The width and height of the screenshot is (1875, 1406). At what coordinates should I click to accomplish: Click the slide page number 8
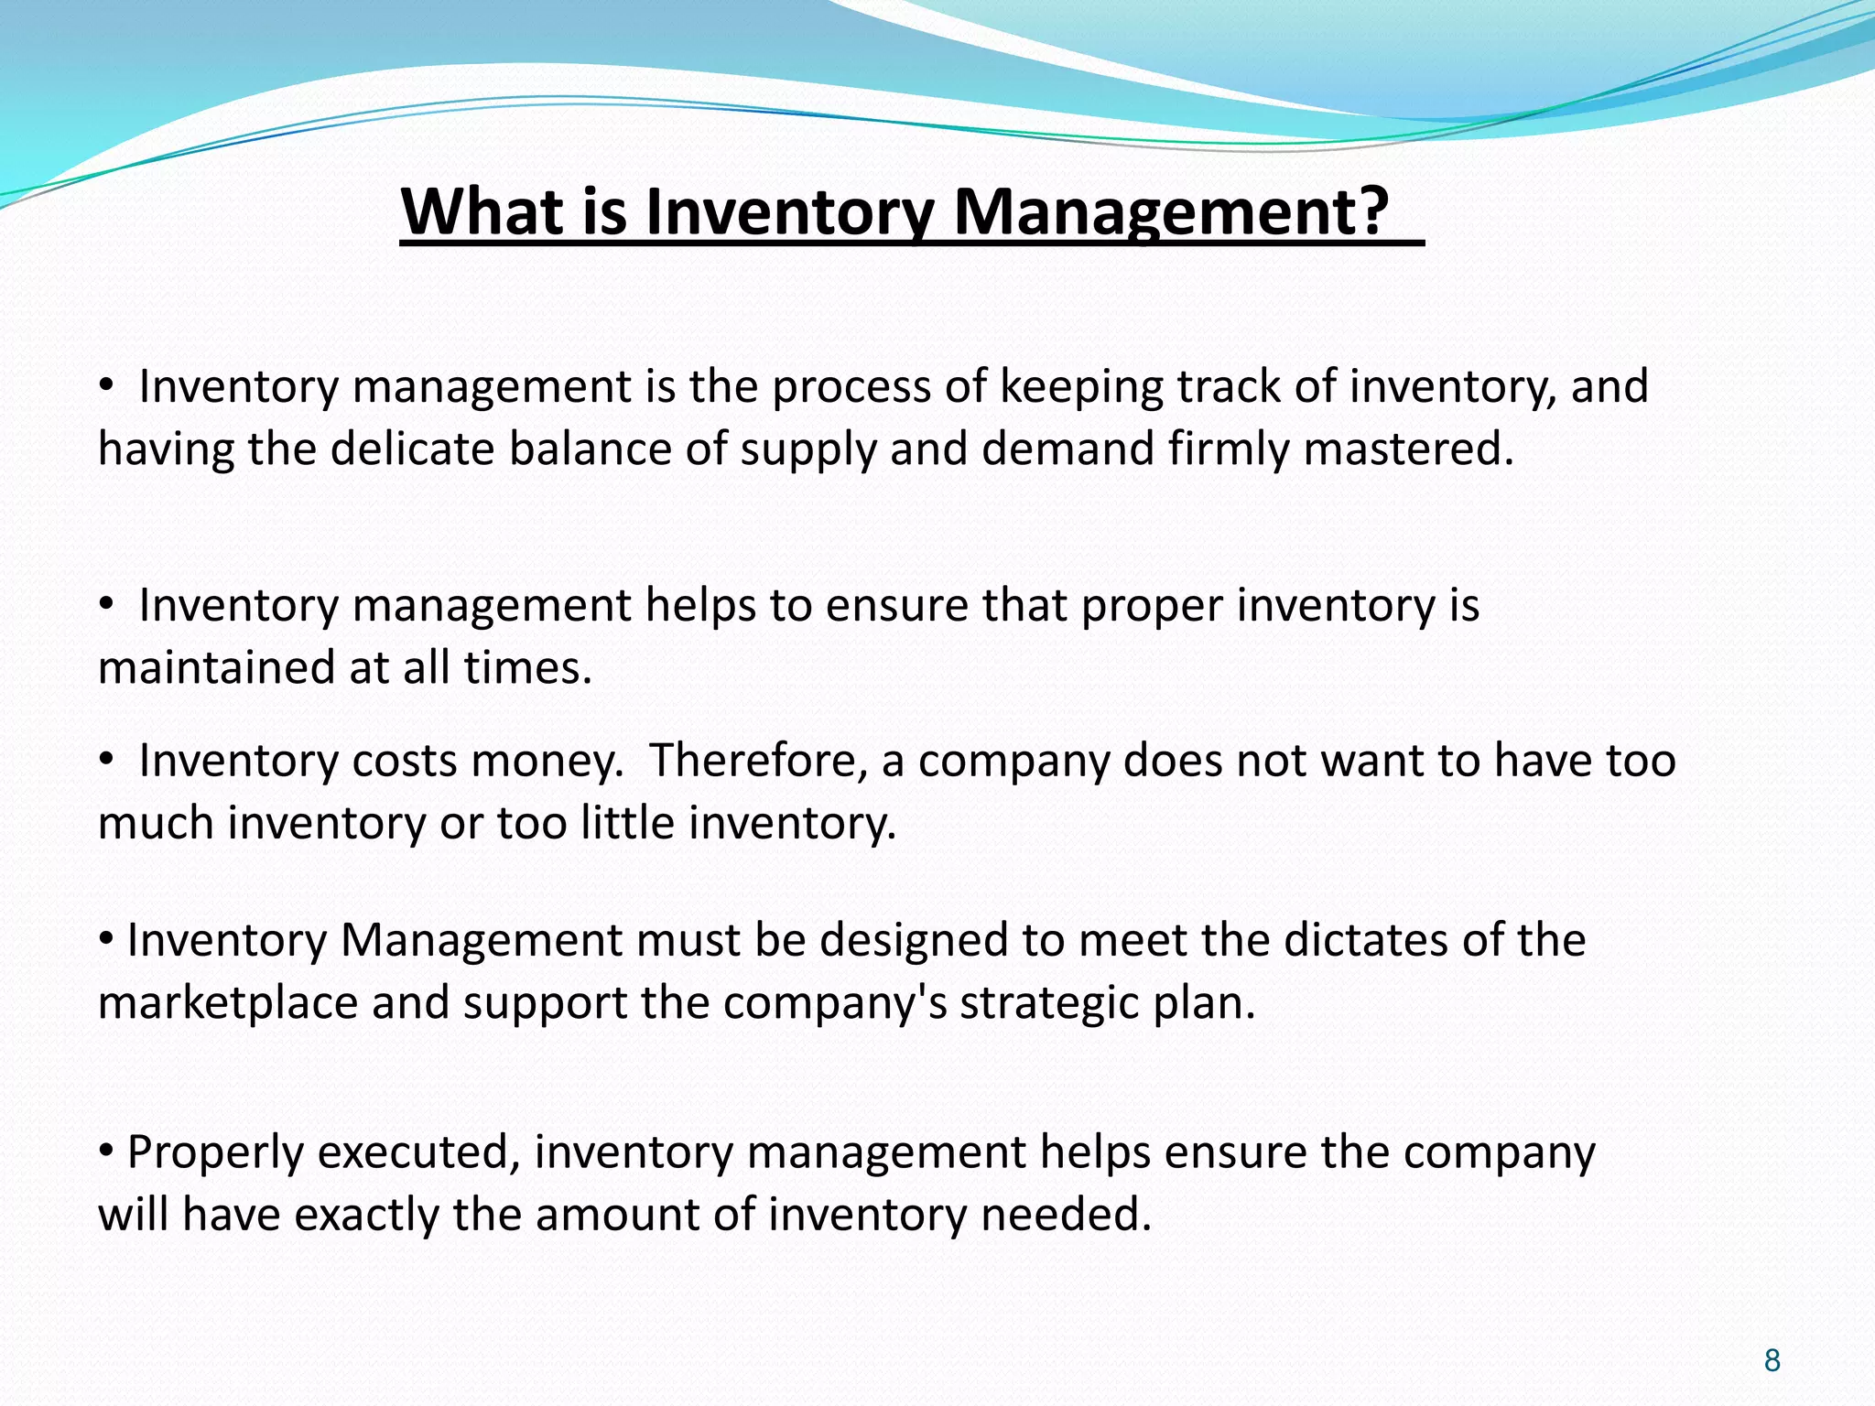pos(1772,1360)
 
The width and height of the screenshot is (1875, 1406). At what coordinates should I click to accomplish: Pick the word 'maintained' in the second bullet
pos(218,667)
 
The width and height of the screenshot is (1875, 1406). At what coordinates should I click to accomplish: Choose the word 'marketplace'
pos(228,1003)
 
